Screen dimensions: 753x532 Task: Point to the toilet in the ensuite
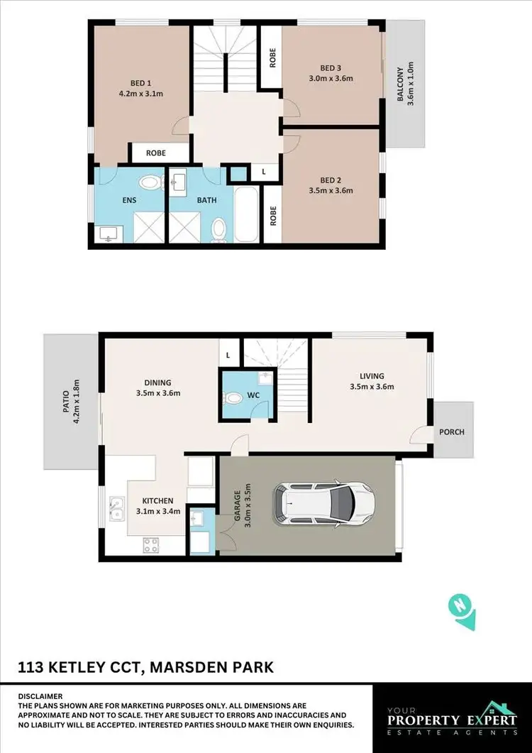click(x=150, y=183)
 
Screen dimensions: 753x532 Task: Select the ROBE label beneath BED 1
click(x=156, y=153)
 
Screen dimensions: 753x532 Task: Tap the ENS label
click(x=128, y=200)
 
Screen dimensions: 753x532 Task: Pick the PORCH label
click(x=453, y=432)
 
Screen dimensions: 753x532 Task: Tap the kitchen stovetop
click(x=150, y=545)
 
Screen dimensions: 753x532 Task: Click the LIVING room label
click(x=372, y=376)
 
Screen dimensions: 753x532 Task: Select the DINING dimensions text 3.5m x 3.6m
click(x=159, y=393)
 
